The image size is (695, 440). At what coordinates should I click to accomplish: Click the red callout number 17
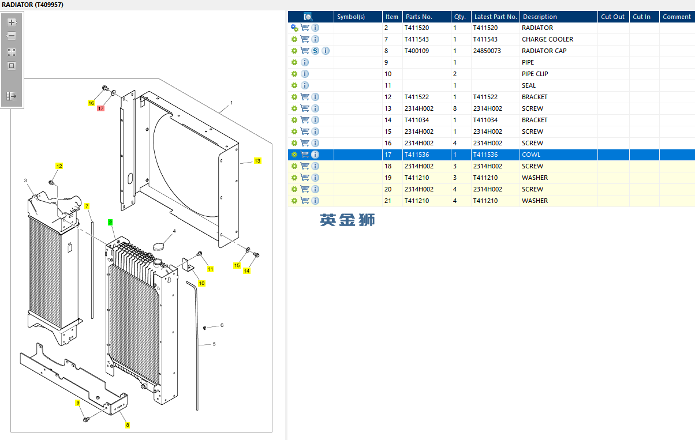100,108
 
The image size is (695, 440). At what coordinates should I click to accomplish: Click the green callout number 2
110,222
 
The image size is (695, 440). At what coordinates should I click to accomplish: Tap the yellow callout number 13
257,160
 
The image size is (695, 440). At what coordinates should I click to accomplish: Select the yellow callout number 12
59,166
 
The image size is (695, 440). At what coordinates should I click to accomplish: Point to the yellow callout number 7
87,206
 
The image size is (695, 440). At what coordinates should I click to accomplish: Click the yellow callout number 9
77,403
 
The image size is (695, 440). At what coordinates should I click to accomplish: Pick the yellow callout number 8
127,425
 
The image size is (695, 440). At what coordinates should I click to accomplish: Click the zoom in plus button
12,22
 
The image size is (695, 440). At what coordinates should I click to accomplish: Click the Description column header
540,17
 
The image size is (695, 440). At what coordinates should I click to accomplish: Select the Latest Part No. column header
495,17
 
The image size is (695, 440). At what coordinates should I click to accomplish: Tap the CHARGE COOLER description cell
547,39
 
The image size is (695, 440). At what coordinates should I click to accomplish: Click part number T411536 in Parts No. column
416,155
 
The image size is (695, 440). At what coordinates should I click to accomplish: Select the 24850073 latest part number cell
487,51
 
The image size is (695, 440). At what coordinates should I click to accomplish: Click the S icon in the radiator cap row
315,51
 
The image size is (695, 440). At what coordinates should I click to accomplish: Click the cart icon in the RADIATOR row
305,28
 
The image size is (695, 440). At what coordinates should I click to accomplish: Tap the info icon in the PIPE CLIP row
305,74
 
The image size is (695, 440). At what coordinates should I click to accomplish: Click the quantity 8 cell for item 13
455,108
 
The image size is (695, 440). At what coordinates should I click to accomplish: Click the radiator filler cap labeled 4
159,247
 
